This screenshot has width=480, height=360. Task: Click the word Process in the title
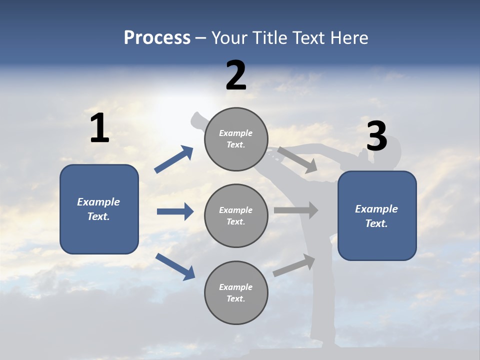[157, 38]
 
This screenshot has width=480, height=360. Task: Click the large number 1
[99, 127]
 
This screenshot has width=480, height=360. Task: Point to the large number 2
[236, 75]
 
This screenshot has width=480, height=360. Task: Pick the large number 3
[377, 136]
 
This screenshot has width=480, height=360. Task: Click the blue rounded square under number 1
[99, 209]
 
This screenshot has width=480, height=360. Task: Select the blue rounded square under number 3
[377, 216]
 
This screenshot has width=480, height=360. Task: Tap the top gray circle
[236, 139]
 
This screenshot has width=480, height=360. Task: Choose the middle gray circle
[236, 216]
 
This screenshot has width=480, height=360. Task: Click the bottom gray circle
[236, 292]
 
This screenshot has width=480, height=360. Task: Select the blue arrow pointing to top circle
[173, 159]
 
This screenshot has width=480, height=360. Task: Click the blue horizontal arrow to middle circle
[175, 211]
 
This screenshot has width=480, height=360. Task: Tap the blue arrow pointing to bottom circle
[175, 266]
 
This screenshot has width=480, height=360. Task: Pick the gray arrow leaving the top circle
[297, 160]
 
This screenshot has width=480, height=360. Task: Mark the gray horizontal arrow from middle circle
[296, 210]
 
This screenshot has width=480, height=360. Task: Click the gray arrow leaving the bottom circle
[294, 265]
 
